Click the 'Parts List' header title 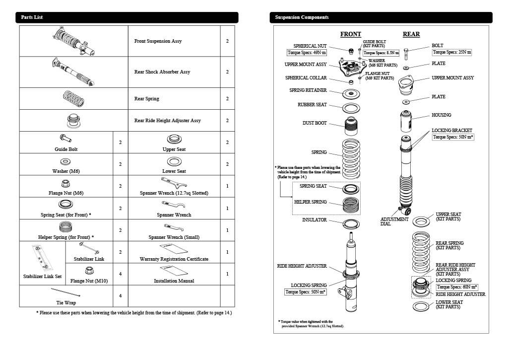point(32,17)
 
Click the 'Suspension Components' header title point(302,17)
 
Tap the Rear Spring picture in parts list point(73,98)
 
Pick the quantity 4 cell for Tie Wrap point(120,296)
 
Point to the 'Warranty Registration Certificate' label point(174,259)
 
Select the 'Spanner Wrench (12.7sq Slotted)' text point(174,193)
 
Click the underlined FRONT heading point(350,34)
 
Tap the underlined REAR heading point(411,34)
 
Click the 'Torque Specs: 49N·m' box point(307,53)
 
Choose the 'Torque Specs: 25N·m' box point(451,52)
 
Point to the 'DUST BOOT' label point(315,123)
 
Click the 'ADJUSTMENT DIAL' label point(394,221)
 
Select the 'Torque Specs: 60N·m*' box point(457,287)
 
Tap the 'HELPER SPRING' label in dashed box point(310,202)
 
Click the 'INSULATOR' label point(315,219)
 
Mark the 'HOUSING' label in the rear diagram point(441,115)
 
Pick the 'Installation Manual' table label point(174,281)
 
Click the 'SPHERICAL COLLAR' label point(306,78)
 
